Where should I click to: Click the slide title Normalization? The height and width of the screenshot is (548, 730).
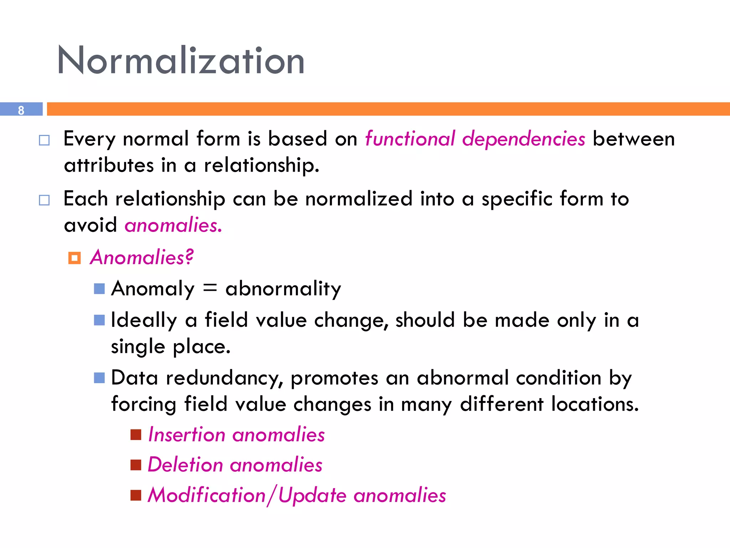(x=181, y=61)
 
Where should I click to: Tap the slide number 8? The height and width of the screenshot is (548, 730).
(x=21, y=110)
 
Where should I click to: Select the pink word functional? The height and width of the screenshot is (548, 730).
(x=410, y=138)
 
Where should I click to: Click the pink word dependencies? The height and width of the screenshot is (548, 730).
(x=523, y=139)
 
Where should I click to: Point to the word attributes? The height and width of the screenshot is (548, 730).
(x=108, y=166)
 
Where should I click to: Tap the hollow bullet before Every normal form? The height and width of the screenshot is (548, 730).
(x=44, y=140)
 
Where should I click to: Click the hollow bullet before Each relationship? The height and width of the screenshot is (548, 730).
(x=44, y=200)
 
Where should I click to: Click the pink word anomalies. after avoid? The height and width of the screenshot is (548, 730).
(x=173, y=225)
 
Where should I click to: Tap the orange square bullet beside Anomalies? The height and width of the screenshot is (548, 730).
(x=74, y=258)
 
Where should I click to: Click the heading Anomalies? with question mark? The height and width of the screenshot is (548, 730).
(x=142, y=257)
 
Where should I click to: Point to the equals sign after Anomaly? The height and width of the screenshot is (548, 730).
(x=210, y=288)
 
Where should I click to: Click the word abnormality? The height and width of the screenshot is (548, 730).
(x=283, y=289)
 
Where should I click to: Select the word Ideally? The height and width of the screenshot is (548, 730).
(x=144, y=320)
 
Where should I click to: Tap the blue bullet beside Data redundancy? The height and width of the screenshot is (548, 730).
(x=99, y=378)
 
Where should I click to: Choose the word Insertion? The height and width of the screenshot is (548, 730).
(x=186, y=435)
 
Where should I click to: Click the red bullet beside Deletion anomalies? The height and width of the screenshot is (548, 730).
(x=136, y=465)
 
